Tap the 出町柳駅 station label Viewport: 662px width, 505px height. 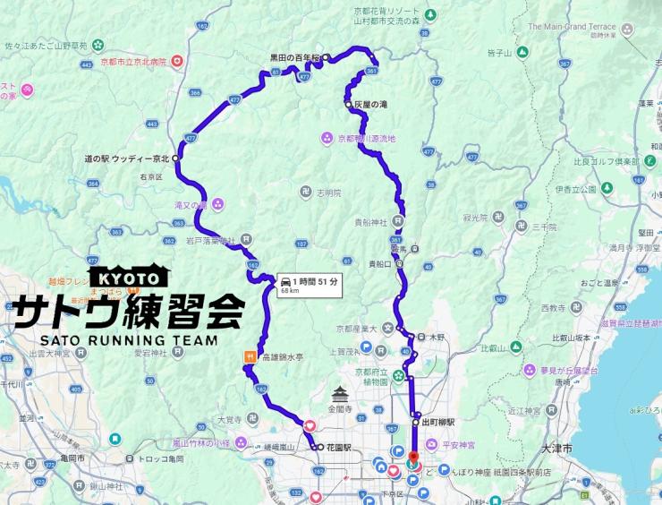point(439,421)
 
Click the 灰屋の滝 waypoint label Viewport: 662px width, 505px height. point(370,105)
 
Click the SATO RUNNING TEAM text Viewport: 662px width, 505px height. point(127,340)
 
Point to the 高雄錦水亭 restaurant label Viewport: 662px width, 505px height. point(283,356)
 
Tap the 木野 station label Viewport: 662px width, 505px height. point(437,337)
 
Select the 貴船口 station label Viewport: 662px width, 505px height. point(380,264)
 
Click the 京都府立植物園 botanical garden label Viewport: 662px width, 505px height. point(374,375)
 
